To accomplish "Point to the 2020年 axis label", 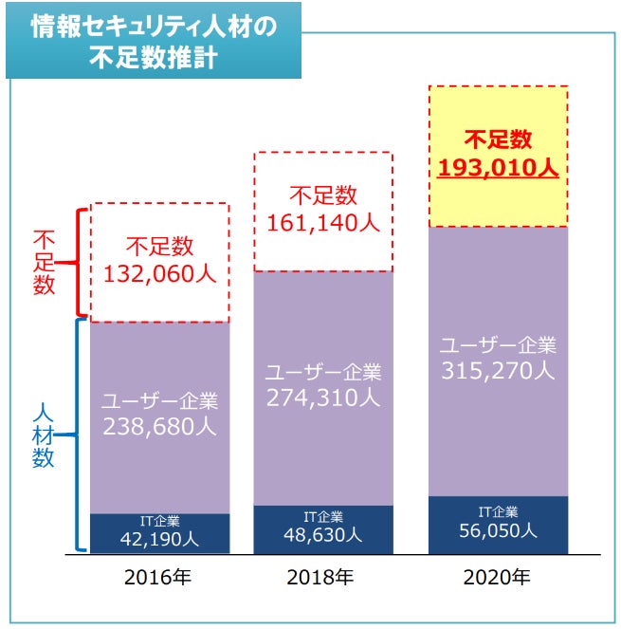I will [499, 577].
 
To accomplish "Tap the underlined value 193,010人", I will [499, 169].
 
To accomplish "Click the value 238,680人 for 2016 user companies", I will [159, 425].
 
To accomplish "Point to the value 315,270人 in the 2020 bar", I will [499, 370].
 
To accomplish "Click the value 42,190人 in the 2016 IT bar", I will [159, 539].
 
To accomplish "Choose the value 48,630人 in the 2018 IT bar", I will [323, 534].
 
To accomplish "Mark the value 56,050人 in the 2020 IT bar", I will [499, 531].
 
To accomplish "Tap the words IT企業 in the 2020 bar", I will [499, 512].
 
